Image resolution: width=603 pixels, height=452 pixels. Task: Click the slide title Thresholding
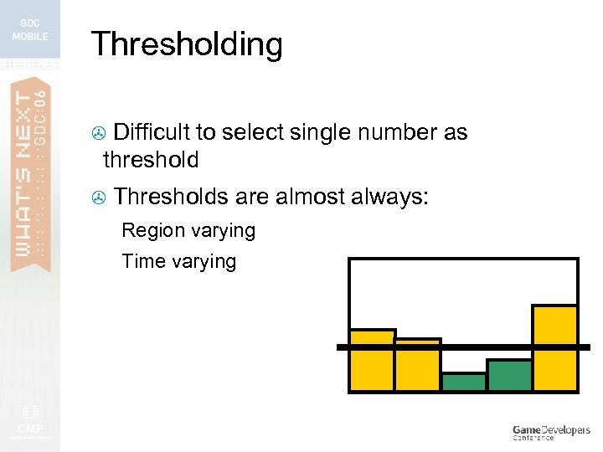[x=186, y=44]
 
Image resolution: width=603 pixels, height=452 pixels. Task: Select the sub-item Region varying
[x=188, y=230]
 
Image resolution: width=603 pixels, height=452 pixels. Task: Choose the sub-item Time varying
[x=179, y=261]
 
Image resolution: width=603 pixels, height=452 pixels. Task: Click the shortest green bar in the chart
[x=464, y=383]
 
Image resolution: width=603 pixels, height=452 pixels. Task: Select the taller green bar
[x=509, y=376]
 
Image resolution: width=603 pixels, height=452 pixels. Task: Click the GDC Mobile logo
[x=30, y=28]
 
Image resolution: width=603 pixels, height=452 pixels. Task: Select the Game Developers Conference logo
[x=551, y=432]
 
